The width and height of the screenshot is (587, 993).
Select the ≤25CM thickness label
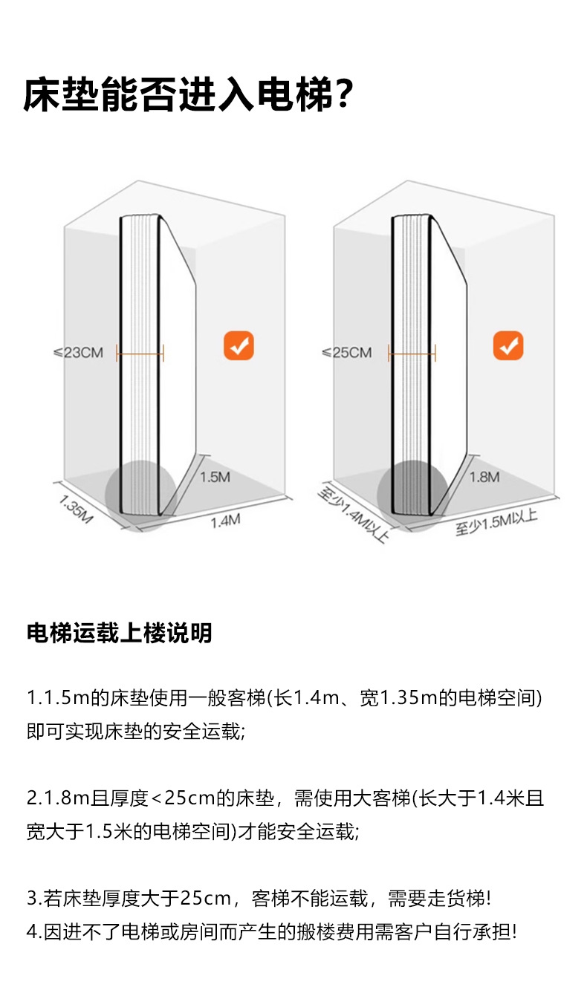coord(346,352)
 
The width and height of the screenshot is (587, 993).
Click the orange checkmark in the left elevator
coord(239,346)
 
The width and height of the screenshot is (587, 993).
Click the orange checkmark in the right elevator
coord(508,346)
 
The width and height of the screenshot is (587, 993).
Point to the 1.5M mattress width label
coord(215,476)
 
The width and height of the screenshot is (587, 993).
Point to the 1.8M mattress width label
coord(484,476)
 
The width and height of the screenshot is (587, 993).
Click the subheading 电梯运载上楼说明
coord(119,633)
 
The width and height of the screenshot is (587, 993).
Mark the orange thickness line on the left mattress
coord(140,355)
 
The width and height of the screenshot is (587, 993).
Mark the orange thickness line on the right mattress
coord(412,355)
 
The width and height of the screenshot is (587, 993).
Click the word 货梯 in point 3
coord(465,899)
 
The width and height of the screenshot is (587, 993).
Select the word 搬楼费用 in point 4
coord(325,931)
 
